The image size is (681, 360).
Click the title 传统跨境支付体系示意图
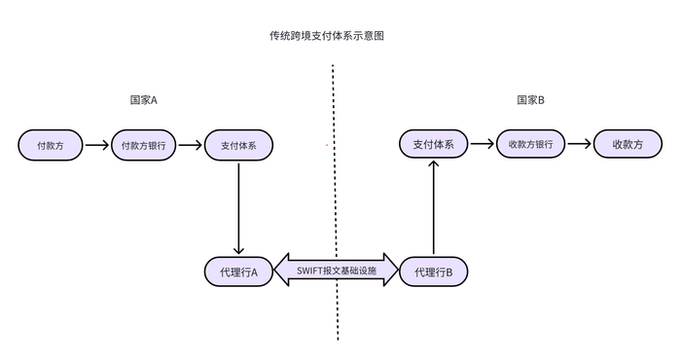pyautogui.click(x=334, y=36)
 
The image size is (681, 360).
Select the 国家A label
pyautogui.click(x=143, y=100)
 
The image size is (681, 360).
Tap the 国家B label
pyautogui.click(x=530, y=100)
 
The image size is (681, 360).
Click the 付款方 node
pyautogui.click(x=50, y=145)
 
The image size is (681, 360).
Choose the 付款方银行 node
pyautogui.click(x=144, y=145)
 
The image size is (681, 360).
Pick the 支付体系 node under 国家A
pyautogui.click(x=238, y=145)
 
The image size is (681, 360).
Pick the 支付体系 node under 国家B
pyautogui.click(x=433, y=145)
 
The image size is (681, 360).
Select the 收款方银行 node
pyautogui.click(x=530, y=145)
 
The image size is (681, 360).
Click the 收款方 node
pyautogui.click(x=627, y=145)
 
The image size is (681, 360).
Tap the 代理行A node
pyautogui.click(x=238, y=271)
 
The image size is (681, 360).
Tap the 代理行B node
pyautogui.click(x=433, y=271)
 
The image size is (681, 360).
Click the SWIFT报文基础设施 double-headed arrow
pyautogui.click(x=337, y=270)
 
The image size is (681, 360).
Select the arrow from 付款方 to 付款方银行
pyautogui.click(x=96, y=145)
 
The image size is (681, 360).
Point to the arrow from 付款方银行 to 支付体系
pyautogui.click(x=191, y=145)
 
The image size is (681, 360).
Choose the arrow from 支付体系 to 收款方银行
pyautogui.click(x=482, y=145)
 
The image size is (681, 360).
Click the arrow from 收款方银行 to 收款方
pyautogui.click(x=579, y=145)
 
